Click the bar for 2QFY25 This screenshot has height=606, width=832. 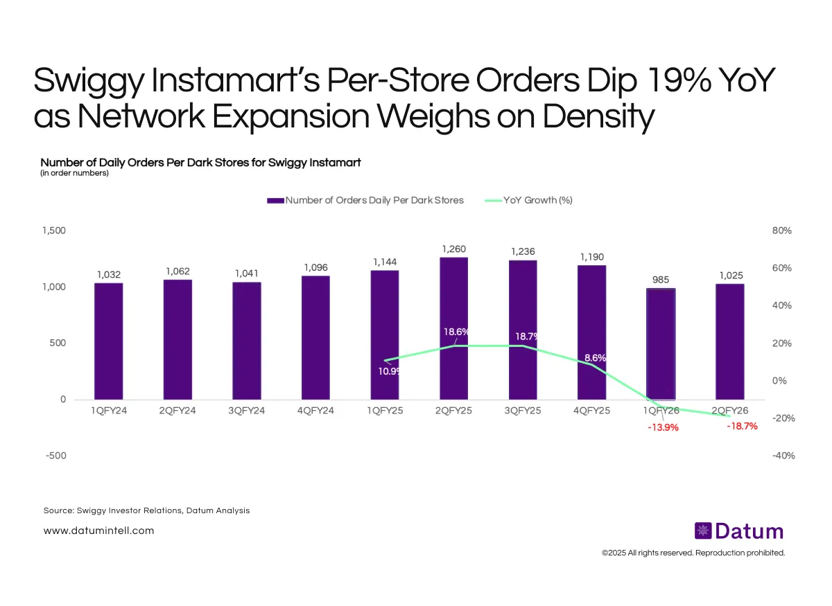(453, 328)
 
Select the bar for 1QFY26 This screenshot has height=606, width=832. (661, 344)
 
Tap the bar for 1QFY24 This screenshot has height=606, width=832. (108, 341)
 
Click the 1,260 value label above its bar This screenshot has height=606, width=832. (453, 248)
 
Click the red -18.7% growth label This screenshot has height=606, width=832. (742, 427)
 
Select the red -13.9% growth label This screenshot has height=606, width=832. (662, 427)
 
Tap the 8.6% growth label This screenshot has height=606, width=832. (596, 358)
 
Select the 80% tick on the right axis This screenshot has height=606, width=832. (782, 231)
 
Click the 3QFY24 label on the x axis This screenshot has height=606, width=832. (246, 411)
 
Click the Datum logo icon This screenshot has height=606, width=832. (703, 531)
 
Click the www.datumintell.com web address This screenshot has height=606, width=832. (98, 531)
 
